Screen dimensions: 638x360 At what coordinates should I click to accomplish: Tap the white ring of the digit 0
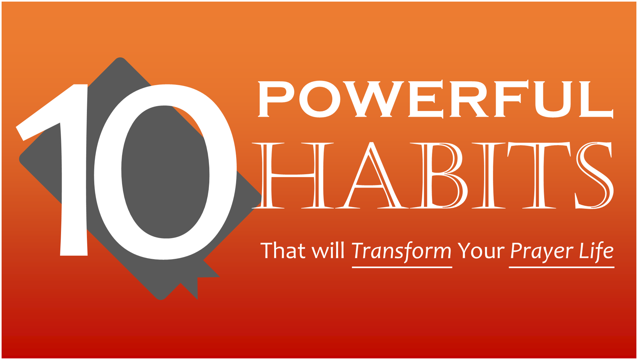(108, 172)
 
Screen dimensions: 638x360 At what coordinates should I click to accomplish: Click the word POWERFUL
(435, 99)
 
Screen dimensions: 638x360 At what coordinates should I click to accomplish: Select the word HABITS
(433, 175)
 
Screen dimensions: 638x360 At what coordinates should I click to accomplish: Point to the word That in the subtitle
(283, 250)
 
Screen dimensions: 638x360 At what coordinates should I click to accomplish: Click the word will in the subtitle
(328, 250)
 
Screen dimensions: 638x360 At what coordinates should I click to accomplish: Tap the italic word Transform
(402, 252)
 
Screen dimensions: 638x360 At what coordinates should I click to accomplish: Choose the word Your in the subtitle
(481, 251)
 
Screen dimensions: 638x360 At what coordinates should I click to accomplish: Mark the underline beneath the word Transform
(402, 267)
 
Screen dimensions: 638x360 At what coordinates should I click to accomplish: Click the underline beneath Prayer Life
(561, 267)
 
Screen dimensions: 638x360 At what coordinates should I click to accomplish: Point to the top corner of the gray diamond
(120, 58)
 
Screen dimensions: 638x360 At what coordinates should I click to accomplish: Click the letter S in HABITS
(595, 175)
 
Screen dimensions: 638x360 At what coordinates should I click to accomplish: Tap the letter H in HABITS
(293, 175)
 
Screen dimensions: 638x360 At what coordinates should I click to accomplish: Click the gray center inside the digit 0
(165, 172)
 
